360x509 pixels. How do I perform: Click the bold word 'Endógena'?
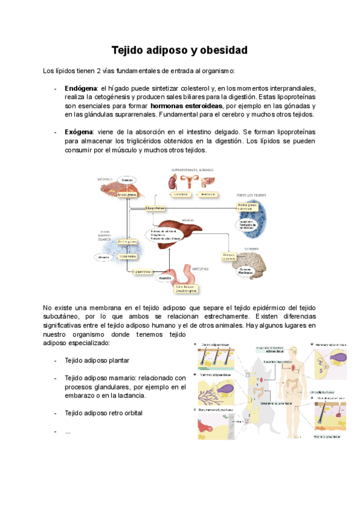click(x=81, y=88)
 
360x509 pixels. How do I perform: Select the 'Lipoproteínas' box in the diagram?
click(x=155, y=208)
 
